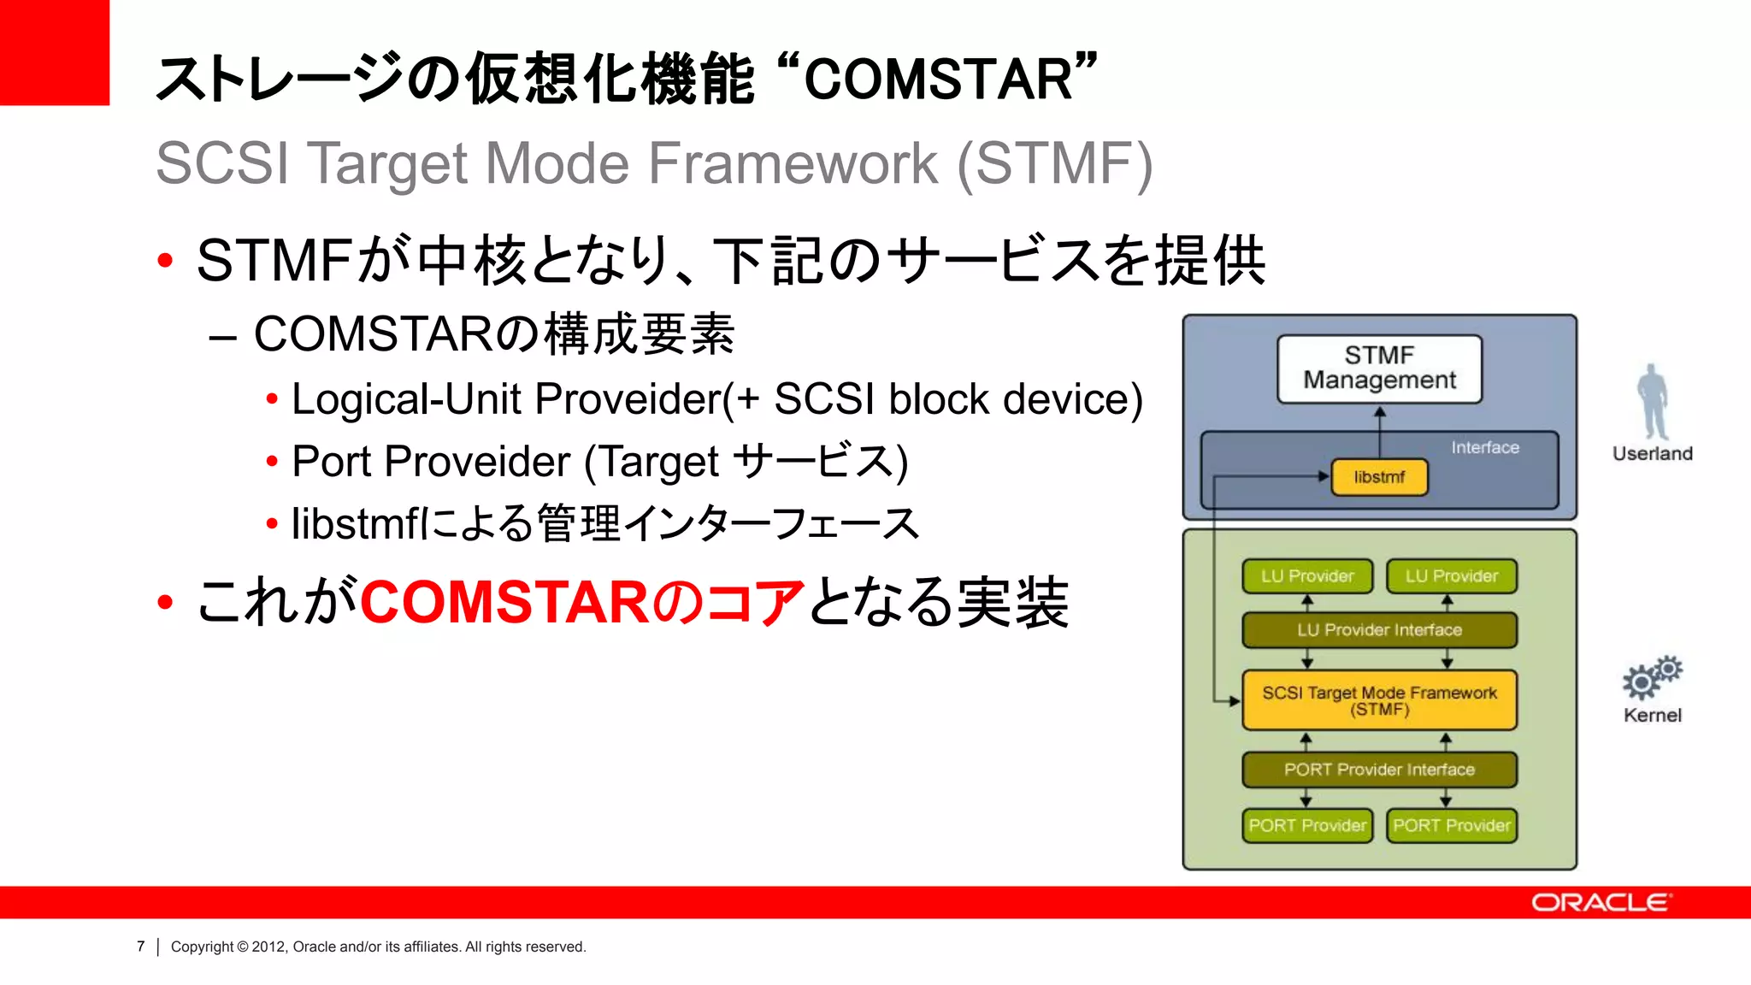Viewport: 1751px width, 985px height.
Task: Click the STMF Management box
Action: [x=1379, y=369]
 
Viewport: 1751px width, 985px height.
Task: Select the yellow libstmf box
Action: [x=1379, y=477]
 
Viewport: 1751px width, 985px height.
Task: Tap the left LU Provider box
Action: [x=1306, y=576]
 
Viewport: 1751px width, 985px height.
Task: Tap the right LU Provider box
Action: [x=1451, y=576]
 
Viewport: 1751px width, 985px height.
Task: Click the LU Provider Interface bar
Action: [x=1379, y=630]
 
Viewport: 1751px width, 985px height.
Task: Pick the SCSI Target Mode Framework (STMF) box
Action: [x=1379, y=700]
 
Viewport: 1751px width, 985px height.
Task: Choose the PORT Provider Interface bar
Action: [x=1379, y=770]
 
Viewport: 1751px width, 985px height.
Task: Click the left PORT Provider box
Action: [x=1306, y=826]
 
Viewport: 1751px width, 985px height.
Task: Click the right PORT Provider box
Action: [x=1451, y=826]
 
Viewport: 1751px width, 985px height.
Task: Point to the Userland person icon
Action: [x=1653, y=401]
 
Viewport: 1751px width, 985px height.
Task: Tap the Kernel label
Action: [x=1652, y=716]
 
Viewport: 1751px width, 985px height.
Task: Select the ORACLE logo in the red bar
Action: [x=1601, y=903]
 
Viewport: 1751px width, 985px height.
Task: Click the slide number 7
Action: [x=141, y=947]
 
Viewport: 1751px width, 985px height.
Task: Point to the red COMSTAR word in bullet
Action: [x=504, y=602]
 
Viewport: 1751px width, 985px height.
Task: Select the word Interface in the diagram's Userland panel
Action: [x=1484, y=447]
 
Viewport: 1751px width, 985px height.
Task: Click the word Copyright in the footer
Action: [x=202, y=947]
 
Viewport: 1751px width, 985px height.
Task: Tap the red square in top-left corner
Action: [x=54, y=52]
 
